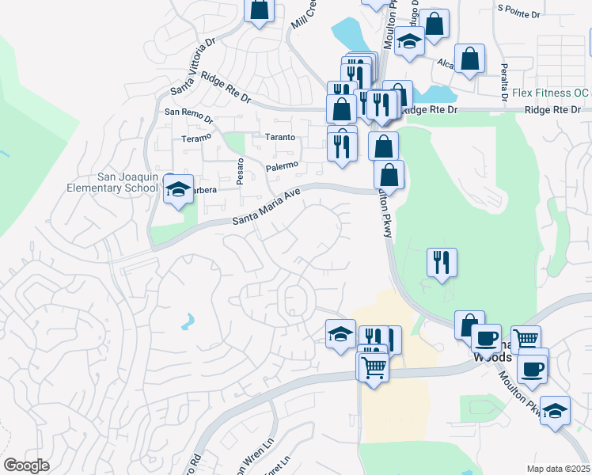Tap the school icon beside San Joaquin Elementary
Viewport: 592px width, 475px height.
pyautogui.click(x=178, y=190)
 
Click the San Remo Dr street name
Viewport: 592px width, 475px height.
pyautogui.click(x=188, y=113)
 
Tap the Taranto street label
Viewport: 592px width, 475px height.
pyautogui.click(x=279, y=137)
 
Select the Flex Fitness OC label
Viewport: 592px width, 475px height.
pyautogui.click(x=550, y=93)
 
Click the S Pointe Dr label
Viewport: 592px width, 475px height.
pyautogui.click(x=518, y=14)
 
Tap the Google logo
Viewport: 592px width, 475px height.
pyautogui.click(x=26, y=465)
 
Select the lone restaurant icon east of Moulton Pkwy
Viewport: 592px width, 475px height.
pyautogui.click(x=441, y=261)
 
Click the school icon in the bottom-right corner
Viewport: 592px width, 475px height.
pyautogui.click(x=556, y=410)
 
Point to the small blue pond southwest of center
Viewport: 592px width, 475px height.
pyautogui.click(x=187, y=321)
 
